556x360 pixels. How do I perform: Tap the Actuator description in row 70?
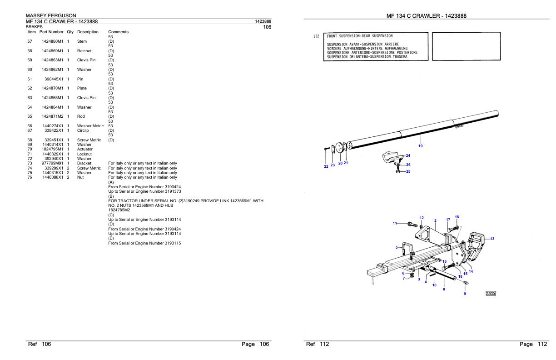click(85, 149)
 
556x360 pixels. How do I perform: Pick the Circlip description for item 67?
click(84, 130)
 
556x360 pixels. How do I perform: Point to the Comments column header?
click(118, 32)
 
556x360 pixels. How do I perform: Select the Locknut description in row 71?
click(85, 154)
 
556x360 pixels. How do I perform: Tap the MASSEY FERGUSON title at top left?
click(51, 16)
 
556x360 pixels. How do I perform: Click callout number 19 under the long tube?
click(420, 146)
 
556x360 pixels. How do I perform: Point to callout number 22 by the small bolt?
click(326, 166)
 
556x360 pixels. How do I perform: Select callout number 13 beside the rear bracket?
click(492, 239)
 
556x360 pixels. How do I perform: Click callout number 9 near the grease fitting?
click(465, 294)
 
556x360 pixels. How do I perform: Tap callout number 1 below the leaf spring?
click(373, 284)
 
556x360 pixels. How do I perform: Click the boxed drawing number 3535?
click(490, 293)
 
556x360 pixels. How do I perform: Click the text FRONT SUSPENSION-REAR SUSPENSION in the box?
click(360, 36)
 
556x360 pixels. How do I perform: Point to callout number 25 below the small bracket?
click(408, 171)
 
